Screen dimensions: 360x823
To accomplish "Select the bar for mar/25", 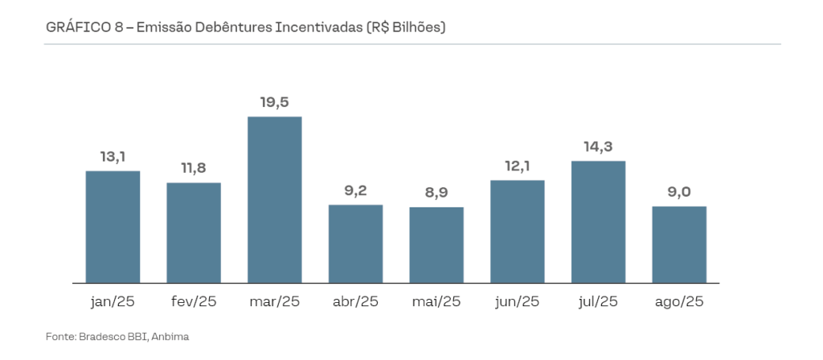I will click(274, 200).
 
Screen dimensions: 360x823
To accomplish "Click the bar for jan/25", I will click(113, 227).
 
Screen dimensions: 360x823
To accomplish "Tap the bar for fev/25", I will click(194, 233).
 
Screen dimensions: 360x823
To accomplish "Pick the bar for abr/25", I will click(355, 244).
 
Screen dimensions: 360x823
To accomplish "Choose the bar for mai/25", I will click(436, 245).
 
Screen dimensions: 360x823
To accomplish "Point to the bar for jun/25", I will click(518, 231).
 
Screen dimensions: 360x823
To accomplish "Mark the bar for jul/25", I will click(598, 223).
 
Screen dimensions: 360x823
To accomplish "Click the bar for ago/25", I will click(679, 245).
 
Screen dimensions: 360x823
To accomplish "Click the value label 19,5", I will click(274, 102).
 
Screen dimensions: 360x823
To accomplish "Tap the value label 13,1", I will click(113, 157).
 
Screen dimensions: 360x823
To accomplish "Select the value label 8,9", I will click(436, 193).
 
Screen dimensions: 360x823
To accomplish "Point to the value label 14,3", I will click(598, 147).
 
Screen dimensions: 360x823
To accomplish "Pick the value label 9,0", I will click(679, 192).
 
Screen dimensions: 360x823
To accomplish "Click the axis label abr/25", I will click(355, 302).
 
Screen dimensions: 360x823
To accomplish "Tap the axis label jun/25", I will click(518, 302).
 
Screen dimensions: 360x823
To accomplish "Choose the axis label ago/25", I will click(679, 302).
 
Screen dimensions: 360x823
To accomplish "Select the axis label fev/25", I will click(194, 302).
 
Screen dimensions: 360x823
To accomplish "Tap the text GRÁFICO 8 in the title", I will click(84, 27).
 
